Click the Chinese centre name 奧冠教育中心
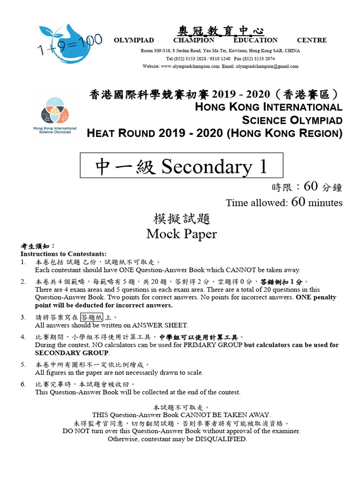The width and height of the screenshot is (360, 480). (x=220, y=31)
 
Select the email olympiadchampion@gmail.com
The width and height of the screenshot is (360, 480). (x=267, y=67)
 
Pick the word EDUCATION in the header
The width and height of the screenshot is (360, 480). (x=255, y=40)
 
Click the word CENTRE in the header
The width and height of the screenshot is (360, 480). (x=312, y=40)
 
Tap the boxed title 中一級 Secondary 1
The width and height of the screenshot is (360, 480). (x=181, y=166)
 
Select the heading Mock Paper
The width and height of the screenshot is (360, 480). (x=181, y=233)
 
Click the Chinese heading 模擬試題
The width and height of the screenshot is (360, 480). (x=181, y=219)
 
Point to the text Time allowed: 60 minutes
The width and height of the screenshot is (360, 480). (x=284, y=202)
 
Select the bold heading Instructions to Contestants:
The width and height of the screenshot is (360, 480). (x=63, y=254)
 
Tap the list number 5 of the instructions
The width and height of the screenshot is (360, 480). (x=23, y=364)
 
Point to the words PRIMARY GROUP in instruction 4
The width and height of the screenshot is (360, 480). (x=213, y=345)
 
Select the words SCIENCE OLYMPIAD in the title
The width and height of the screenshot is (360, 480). (x=292, y=120)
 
